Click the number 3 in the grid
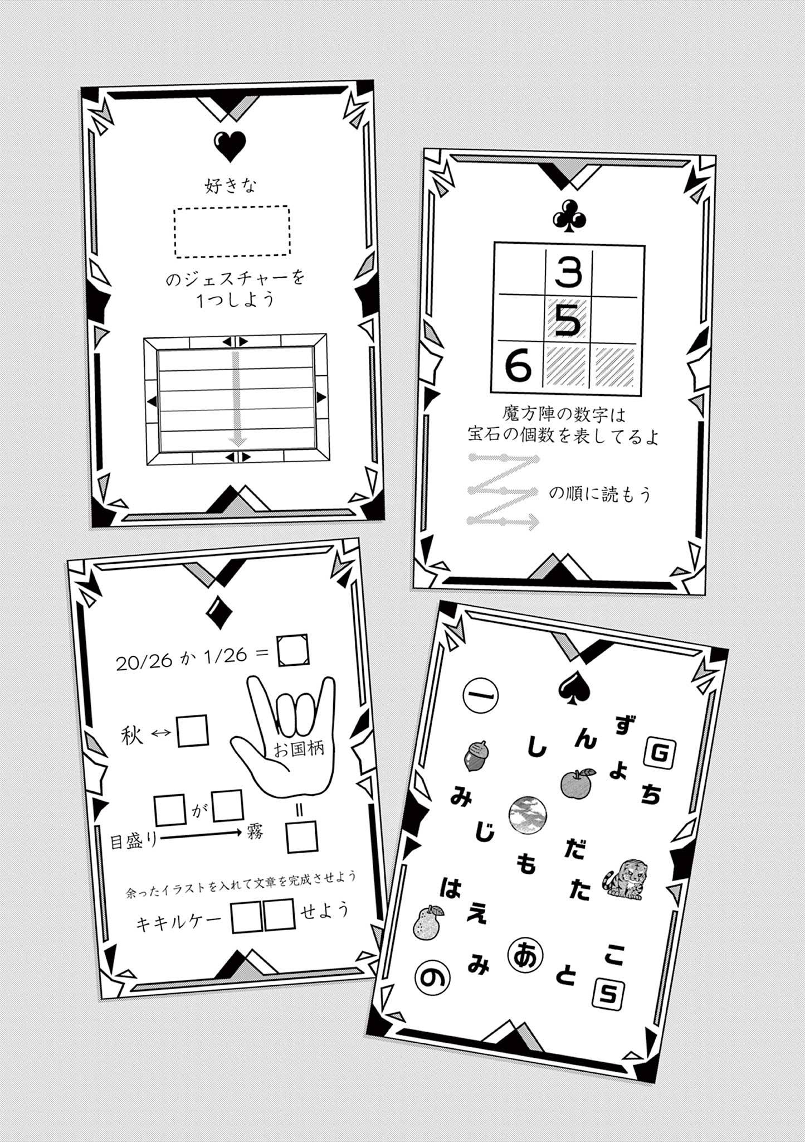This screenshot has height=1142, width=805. (568, 273)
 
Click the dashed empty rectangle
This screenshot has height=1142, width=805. (232, 231)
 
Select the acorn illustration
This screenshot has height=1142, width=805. (475, 756)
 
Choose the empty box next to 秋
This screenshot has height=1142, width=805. (193, 732)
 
